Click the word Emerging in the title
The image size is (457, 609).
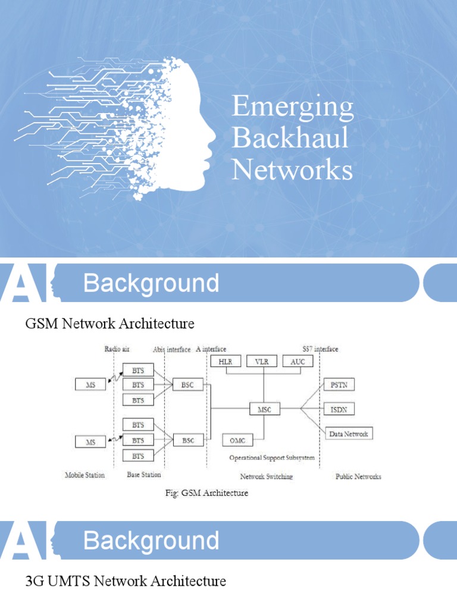coord(292,108)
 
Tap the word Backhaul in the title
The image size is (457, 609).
coord(290,138)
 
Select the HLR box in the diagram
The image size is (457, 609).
coord(226,362)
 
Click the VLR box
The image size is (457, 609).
coord(261,362)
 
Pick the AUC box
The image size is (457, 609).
coord(298,362)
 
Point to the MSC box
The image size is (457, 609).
coord(264,409)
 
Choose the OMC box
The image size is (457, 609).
coord(237,440)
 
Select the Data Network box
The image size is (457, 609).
coord(349,434)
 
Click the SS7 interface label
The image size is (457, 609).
coord(320,349)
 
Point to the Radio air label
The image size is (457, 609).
coord(117,349)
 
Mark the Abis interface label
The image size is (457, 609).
coord(171,349)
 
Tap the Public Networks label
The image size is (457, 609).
coord(358,476)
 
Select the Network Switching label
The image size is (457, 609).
coord(266,476)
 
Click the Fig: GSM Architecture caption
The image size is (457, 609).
coord(206,493)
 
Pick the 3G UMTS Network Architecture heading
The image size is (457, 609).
coord(126,581)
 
